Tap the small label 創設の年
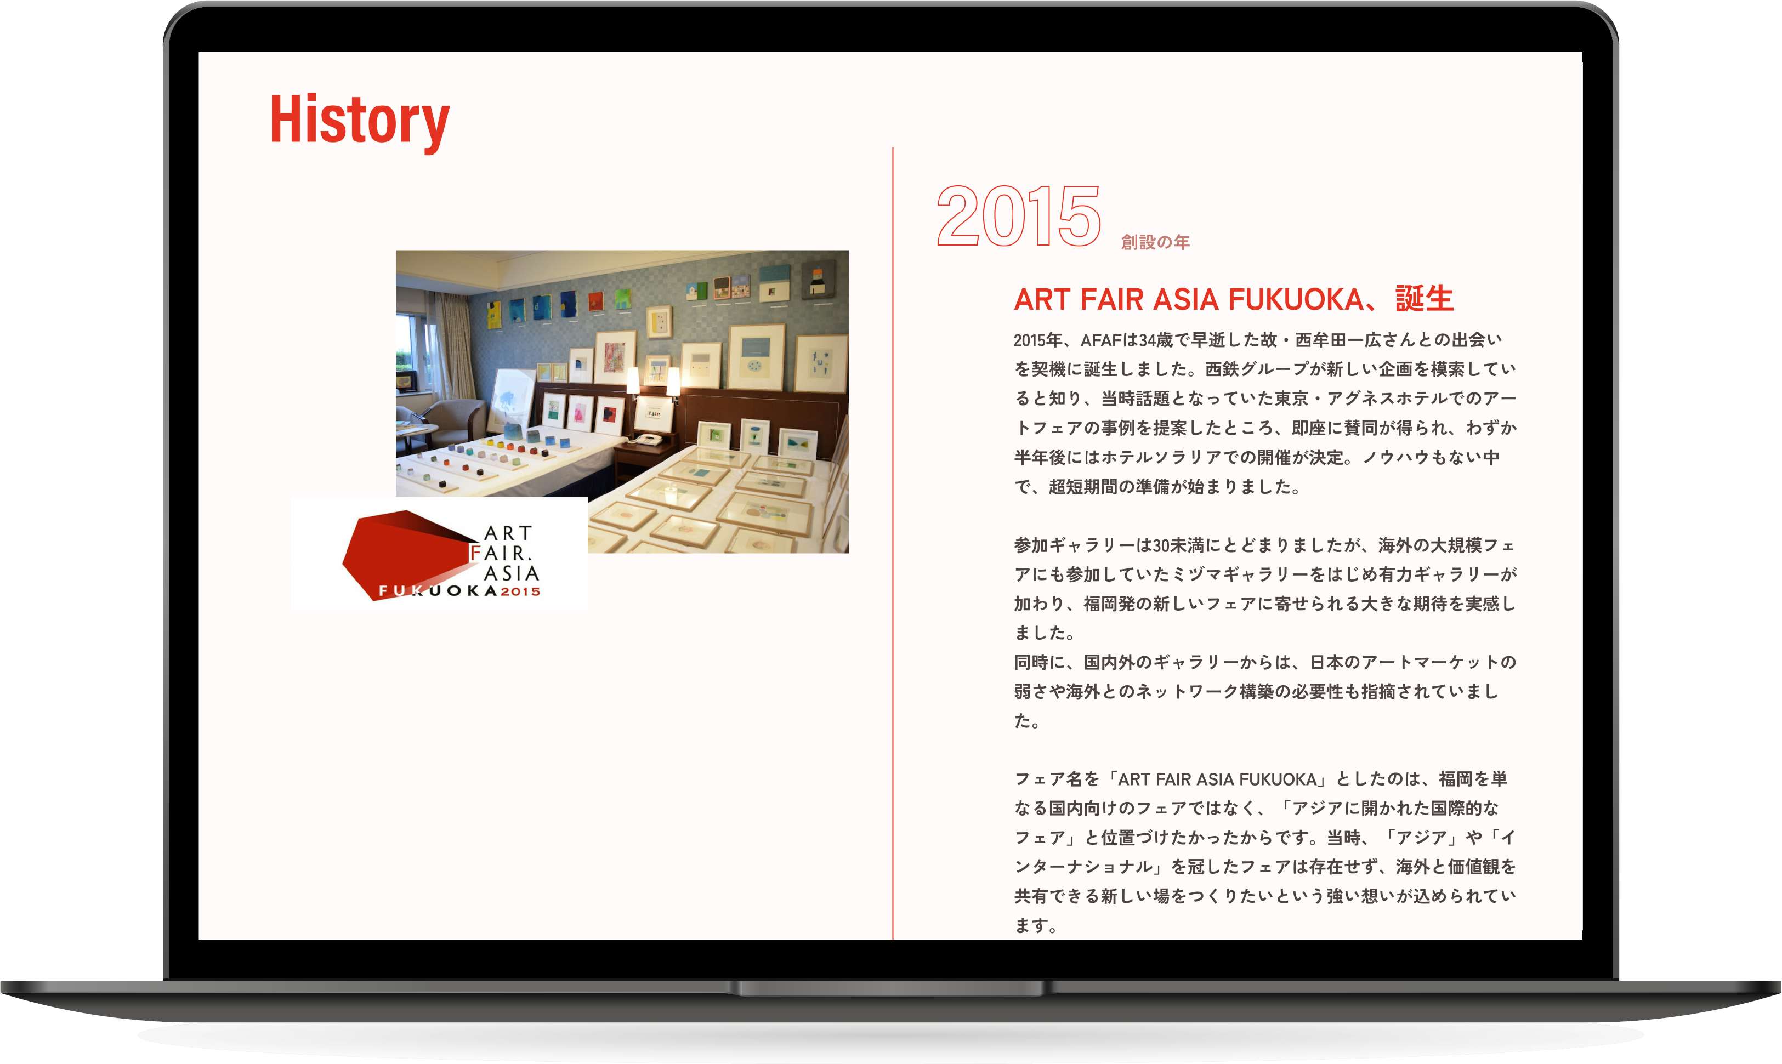coord(1155,242)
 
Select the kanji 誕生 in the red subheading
coord(1424,299)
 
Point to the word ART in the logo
coord(508,533)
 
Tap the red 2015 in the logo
coord(520,591)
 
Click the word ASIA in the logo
coord(511,573)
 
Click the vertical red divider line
coord(893,543)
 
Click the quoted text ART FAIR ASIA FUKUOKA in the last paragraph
coord(1217,779)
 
